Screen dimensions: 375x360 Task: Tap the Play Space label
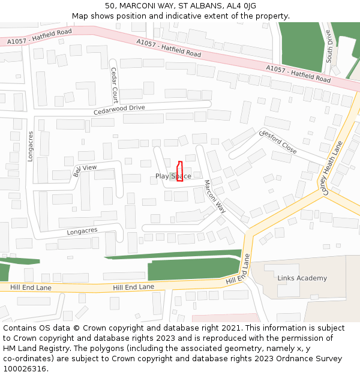[173, 176]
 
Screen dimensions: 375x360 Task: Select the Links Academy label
[302, 278]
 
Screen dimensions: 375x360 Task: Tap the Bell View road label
[85, 171]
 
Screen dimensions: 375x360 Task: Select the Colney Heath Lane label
[331, 168]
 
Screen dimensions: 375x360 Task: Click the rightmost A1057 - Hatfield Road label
[298, 74]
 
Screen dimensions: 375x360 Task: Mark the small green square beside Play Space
[172, 176]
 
